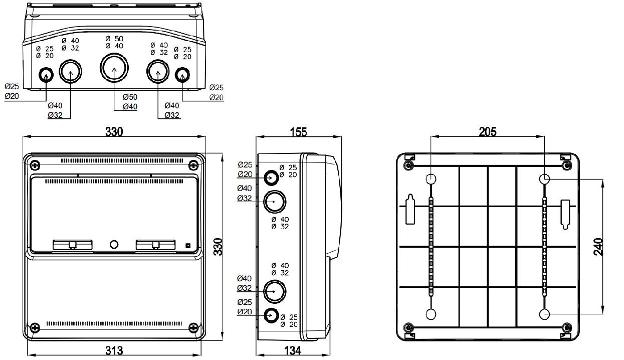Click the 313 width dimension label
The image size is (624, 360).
(x=114, y=350)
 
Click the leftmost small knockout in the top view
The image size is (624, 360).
(x=46, y=75)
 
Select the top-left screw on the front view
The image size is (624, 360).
(x=35, y=165)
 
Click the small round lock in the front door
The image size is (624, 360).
(x=114, y=245)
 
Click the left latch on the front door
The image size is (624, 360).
(x=73, y=244)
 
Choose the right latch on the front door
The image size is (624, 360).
(x=155, y=244)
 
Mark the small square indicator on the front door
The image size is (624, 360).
(x=188, y=246)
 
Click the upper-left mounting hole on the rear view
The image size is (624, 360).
(x=431, y=178)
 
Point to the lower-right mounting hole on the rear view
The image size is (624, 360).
(x=545, y=314)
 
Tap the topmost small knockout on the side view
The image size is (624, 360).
(x=272, y=177)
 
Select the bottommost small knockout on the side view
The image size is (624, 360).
(x=272, y=315)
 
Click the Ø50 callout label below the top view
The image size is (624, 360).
(x=129, y=96)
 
